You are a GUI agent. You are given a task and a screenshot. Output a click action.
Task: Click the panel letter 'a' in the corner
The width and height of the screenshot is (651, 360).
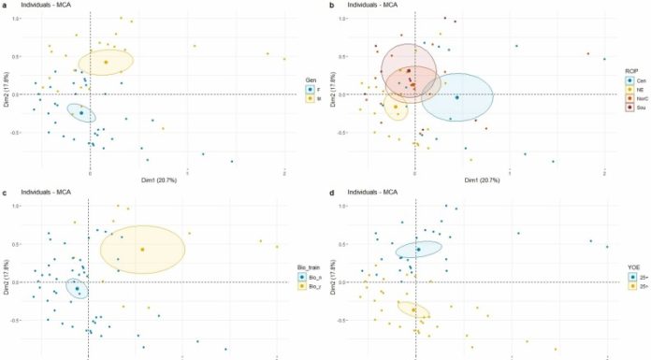pyautogui.click(x=6, y=6)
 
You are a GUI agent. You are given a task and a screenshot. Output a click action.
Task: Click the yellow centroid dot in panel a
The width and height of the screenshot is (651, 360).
pyautogui.click(x=106, y=62)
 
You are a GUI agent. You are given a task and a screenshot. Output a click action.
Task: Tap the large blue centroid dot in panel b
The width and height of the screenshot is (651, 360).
pyautogui.click(x=456, y=97)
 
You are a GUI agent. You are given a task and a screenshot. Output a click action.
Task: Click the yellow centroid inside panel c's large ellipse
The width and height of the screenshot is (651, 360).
pyautogui.click(x=142, y=250)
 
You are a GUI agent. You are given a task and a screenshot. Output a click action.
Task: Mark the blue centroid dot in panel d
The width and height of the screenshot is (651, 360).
pyautogui.click(x=418, y=250)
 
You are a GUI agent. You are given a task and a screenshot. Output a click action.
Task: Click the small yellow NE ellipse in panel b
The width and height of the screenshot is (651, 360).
pyautogui.click(x=396, y=106)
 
